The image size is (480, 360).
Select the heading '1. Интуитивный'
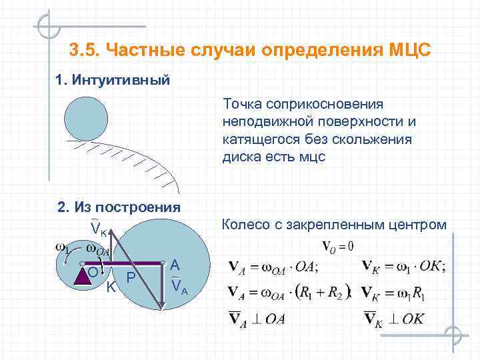point(113,81)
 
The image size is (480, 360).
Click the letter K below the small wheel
point(111,287)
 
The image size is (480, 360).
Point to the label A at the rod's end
point(175,265)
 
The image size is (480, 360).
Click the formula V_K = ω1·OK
point(404,266)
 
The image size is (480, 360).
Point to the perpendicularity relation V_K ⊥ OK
point(394,318)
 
